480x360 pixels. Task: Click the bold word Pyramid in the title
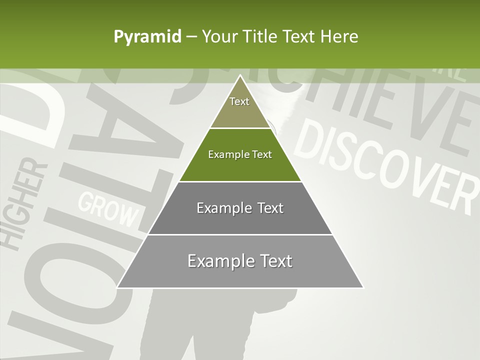(147, 37)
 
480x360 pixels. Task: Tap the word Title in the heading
(261, 36)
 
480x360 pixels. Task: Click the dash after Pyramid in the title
(191, 37)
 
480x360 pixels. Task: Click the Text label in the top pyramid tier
(239, 101)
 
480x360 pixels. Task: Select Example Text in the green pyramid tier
(240, 154)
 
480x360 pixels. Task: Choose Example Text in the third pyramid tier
(240, 208)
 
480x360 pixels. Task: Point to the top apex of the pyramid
(240, 75)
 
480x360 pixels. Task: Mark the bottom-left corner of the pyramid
(117, 287)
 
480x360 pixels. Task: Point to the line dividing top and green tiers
(240, 128)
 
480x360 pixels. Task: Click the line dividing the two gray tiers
(240, 234)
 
